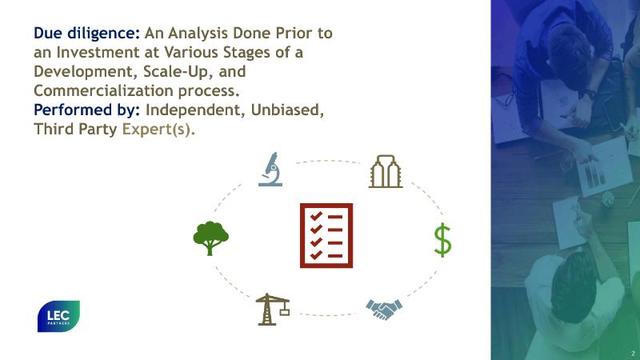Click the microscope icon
pyautogui.click(x=270, y=170)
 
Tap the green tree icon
pyautogui.click(x=210, y=238)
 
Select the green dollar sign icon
pyautogui.click(x=442, y=240)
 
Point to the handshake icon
pyautogui.click(x=384, y=310)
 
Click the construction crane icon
pyautogui.click(x=272, y=310)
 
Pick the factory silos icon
pyautogui.click(x=386, y=171)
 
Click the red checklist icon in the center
pyautogui.click(x=326, y=235)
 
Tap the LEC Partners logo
pyautogui.click(x=58, y=316)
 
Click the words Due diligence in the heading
pyautogui.click(x=87, y=33)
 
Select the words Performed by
pyautogui.click(x=87, y=110)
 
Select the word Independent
pyautogui.click(x=196, y=110)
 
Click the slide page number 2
pyautogui.click(x=633, y=353)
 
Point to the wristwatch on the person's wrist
pyautogui.click(x=590, y=94)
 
